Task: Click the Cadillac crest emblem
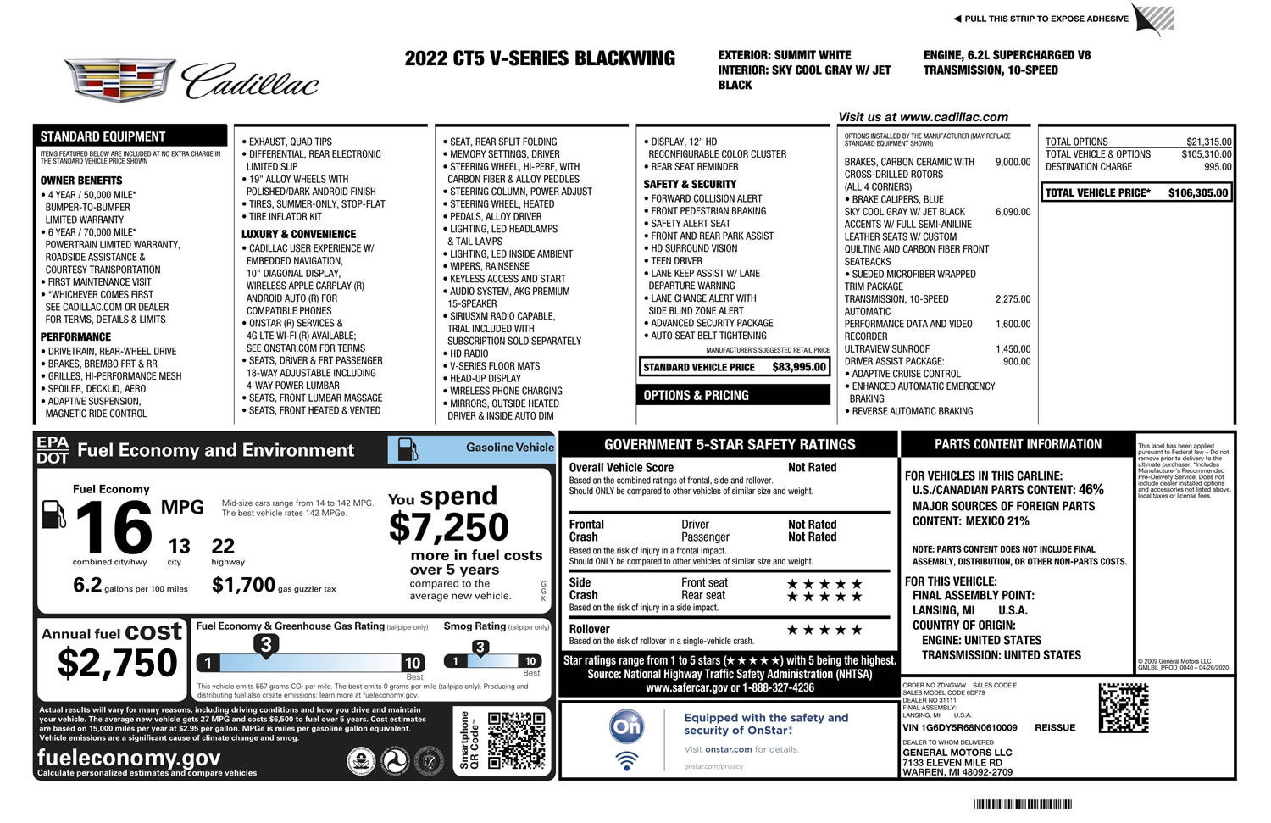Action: tap(120, 81)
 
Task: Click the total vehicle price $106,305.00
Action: tap(1197, 193)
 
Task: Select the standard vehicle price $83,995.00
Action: tap(799, 367)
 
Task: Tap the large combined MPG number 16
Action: tap(114, 528)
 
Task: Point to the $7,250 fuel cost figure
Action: tap(448, 528)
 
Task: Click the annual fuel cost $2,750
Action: tap(117, 663)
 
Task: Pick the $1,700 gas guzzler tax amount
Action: tap(243, 585)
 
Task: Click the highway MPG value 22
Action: tap(223, 546)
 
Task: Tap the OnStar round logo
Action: tap(627, 727)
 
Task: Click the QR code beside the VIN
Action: tap(1124, 708)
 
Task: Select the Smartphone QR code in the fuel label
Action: tap(516, 740)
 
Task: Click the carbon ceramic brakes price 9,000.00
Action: tap(1013, 162)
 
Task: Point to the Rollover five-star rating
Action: tap(824, 630)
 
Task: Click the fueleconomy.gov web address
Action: tap(129, 758)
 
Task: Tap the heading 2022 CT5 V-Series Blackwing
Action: tap(540, 58)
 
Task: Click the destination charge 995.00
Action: tap(1218, 167)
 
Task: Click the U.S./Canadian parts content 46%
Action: tap(1091, 490)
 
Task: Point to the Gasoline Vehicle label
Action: tap(509, 448)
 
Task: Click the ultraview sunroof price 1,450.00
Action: tap(1013, 349)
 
